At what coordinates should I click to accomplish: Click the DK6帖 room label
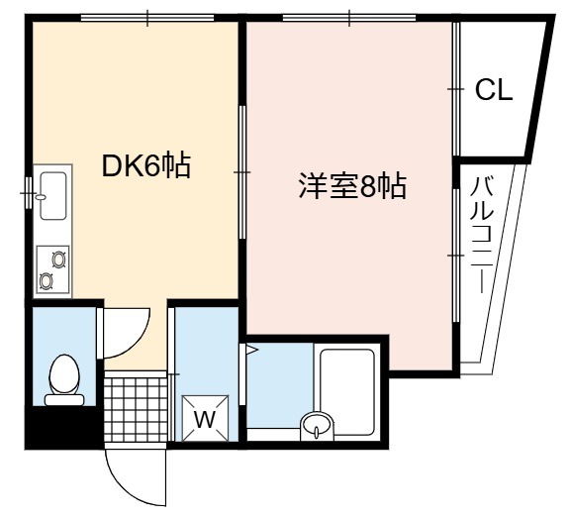pos(146,166)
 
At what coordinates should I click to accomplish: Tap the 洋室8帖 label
pos(352,187)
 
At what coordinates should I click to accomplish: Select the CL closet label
pos(494,90)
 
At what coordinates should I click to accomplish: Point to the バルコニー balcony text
pos(482,235)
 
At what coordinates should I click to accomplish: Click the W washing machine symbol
pos(206,418)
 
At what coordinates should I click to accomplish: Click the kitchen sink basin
pos(53,196)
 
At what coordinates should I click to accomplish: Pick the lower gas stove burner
pos(47,281)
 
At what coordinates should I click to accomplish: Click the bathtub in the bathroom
pos(346,392)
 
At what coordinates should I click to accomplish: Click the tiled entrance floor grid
pos(136,409)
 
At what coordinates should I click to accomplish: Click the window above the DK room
pos(147,18)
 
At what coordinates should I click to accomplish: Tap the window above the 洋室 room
pos(349,18)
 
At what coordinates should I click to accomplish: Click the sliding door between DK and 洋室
pos(242,172)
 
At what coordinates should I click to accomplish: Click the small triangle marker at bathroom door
pos(251,350)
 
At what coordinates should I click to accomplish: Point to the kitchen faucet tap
pos(40,197)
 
